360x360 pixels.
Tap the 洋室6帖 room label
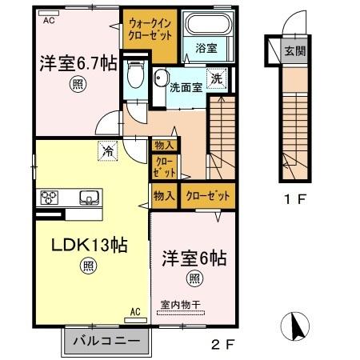[x=195, y=258]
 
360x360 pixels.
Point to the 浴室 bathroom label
[x=206, y=49]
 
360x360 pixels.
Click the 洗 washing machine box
[x=216, y=78]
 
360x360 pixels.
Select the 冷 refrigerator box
[x=106, y=148]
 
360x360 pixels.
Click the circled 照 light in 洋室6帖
[x=194, y=279]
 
